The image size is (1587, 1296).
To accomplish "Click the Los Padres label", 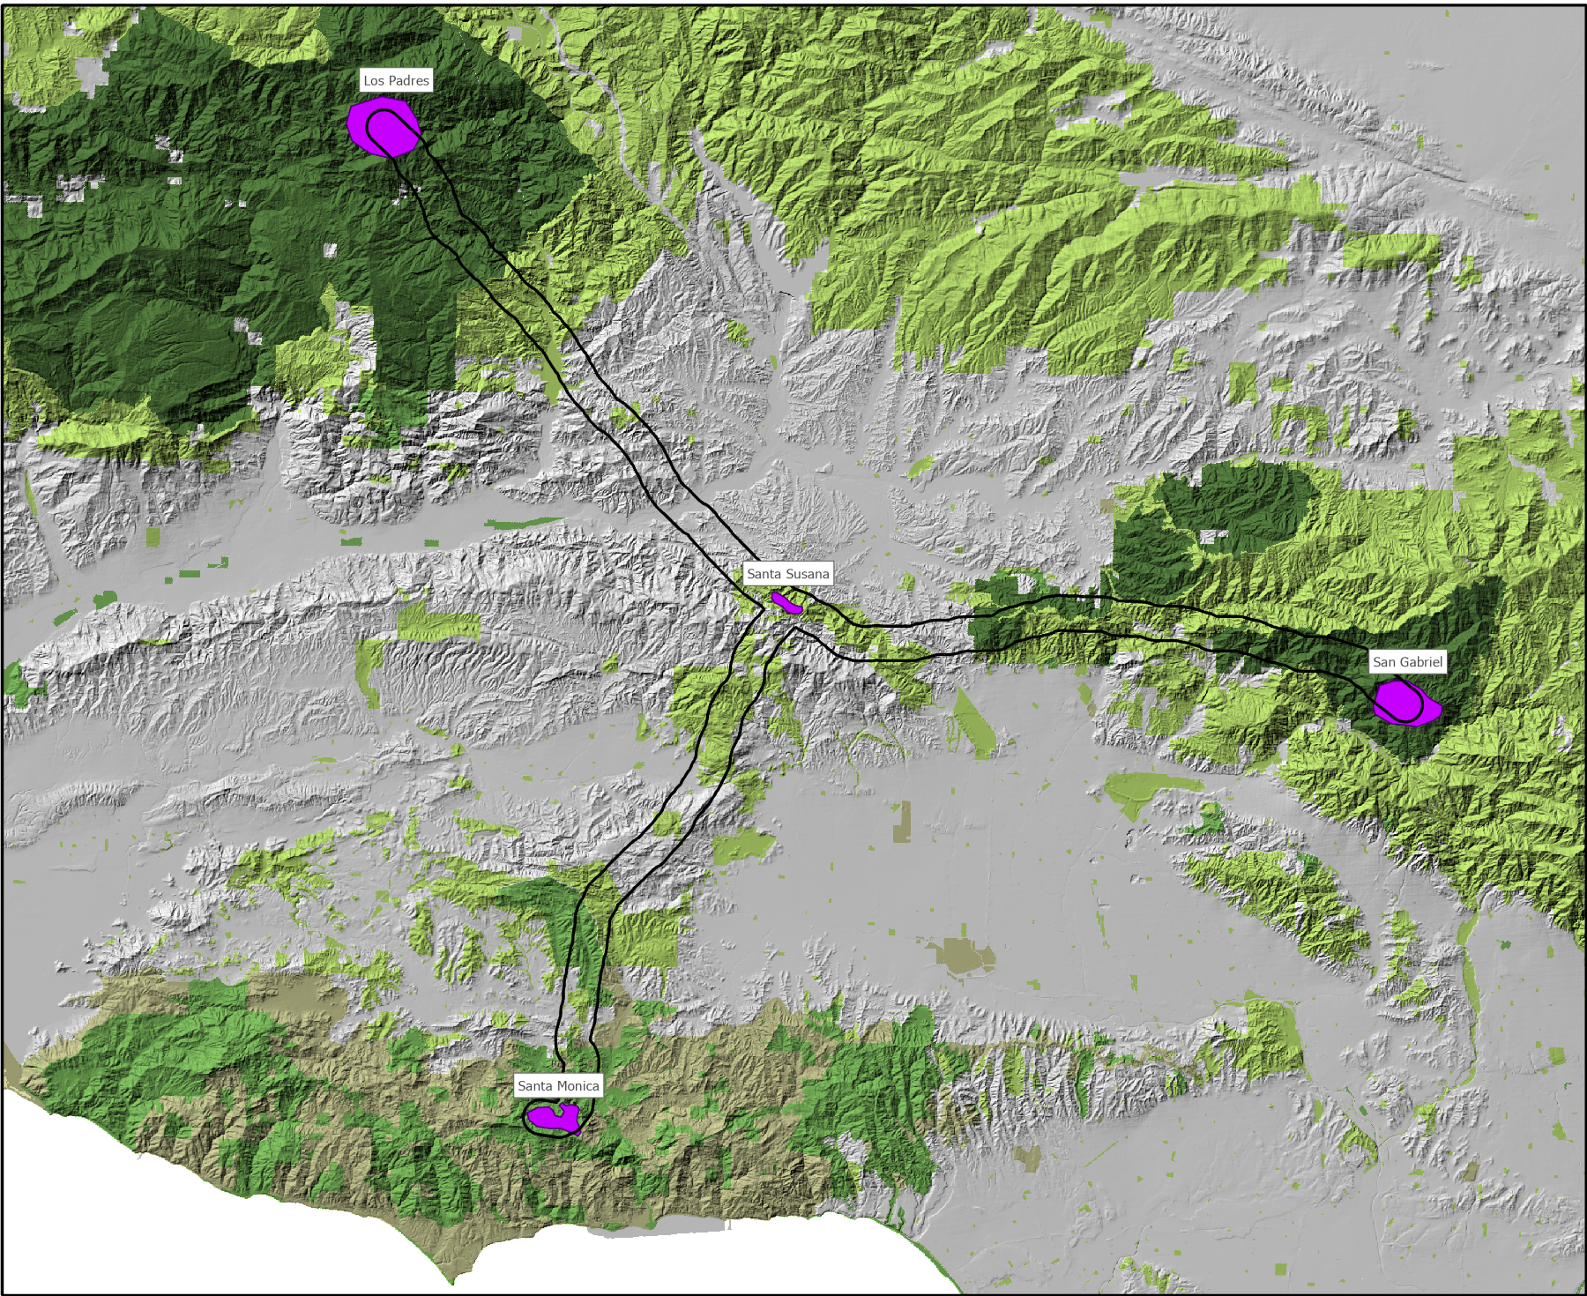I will [x=396, y=80].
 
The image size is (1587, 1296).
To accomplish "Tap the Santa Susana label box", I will [x=787, y=574].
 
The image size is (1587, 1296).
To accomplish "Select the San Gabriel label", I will [x=1407, y=662].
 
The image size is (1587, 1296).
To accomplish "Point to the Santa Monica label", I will [x=558, y=1086].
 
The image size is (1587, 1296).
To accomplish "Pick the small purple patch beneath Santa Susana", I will [x=786, y=603].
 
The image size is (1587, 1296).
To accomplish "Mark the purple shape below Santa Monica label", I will [x=552, y=1118].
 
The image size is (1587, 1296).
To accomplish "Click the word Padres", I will [x=408, y=80].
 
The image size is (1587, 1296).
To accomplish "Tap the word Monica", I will [x=577, y=1086].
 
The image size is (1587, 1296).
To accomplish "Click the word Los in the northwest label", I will [x=374, y=80].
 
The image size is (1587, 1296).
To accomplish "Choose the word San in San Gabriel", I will [x=1384, y=662].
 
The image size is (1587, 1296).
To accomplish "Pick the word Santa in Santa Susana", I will [x=764, y=574].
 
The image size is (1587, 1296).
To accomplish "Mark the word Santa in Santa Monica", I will [x=534, y=1086].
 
